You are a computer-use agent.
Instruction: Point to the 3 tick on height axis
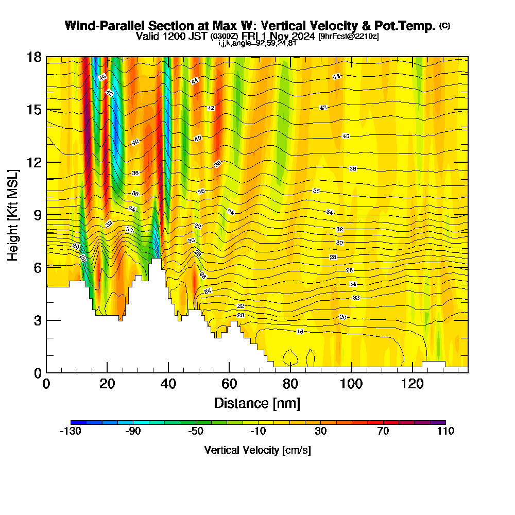tap(46, 320)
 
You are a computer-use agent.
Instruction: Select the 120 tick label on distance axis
tap(413, 384)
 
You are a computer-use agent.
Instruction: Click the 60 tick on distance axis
tap(229, 372)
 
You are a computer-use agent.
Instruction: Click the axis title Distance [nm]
tap(257, 403)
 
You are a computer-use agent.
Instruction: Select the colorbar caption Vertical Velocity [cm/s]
tap(257, 450)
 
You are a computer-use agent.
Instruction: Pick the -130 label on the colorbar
tap(71, 431)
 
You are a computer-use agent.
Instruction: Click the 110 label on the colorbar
tap(445, 431)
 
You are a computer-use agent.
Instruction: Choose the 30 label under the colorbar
tap(320, 431)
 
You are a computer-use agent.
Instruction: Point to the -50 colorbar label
tap(195, 431)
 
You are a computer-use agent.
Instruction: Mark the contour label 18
tap(300, 331)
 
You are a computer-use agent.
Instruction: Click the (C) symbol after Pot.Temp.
tap(444, 25)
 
